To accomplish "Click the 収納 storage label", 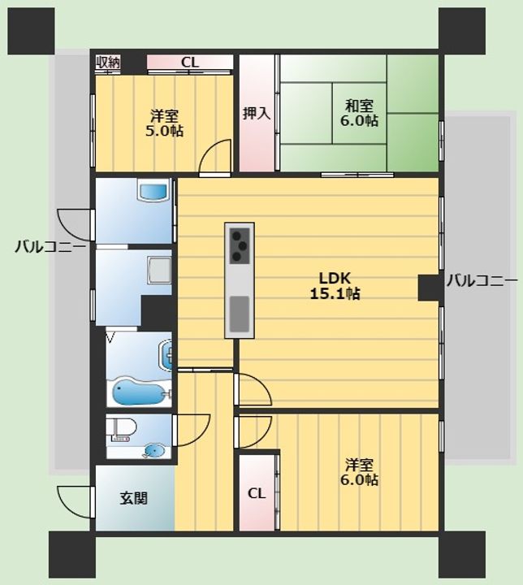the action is tap(108, 63).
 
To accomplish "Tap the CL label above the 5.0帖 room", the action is tap(190, 63).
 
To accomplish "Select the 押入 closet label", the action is tap(257, 113).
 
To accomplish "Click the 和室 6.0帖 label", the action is tap(359, 113).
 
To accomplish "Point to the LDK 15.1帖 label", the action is tap(335, 286).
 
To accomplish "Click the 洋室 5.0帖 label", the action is tap(164, 123).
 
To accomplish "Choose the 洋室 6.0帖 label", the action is tap(359, 472).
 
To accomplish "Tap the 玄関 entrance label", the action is tap(133, 498).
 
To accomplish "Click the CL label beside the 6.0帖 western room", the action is tap(257, 494).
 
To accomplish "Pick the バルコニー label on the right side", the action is tap(482, 280).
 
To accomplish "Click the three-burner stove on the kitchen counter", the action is tap(240, 245).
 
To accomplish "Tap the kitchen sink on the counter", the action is tap(240, 314).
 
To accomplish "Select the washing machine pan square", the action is tap(160, 270).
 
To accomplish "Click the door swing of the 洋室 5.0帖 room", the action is tap(214, 156).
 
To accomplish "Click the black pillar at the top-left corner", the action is tap(32, 32).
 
